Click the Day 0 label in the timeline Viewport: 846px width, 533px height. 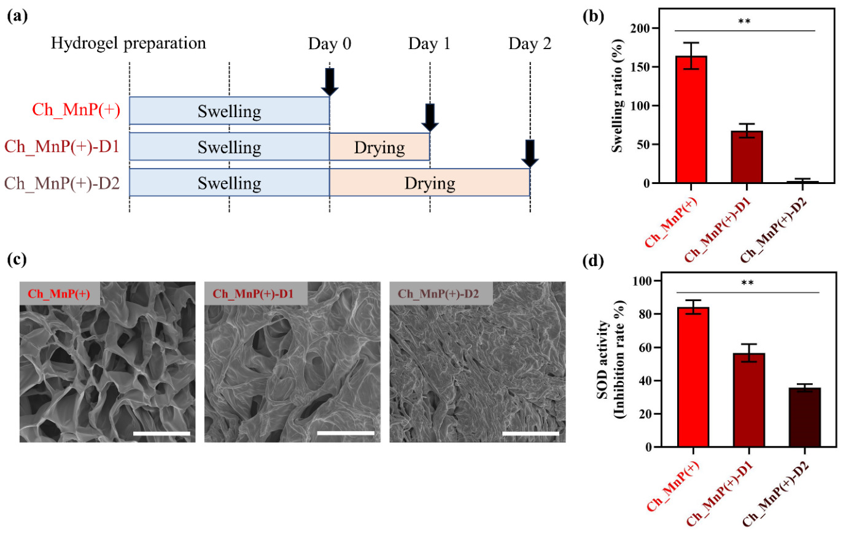coord(330,44)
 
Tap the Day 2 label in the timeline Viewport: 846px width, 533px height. coord(530,44)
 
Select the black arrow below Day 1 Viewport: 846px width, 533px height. coord(430,117)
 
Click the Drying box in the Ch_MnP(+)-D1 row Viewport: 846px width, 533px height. coord(379,147)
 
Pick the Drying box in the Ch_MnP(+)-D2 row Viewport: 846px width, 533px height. coord(430,183)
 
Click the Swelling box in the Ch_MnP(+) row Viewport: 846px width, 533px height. coord(229,111)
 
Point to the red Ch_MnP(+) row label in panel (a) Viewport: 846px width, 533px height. coord(76,110)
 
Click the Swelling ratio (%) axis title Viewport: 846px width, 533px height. coord(617,95)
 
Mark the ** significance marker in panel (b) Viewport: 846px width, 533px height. coord(744,22)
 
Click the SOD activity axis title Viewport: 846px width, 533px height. coord(610,359)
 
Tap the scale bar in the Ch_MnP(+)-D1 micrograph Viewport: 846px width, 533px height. coord(346,433)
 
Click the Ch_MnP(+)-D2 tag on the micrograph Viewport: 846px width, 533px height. coord(438,294)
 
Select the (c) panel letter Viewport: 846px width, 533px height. coord(17,259)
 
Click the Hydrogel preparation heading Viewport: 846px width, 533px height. coord(128,44)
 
